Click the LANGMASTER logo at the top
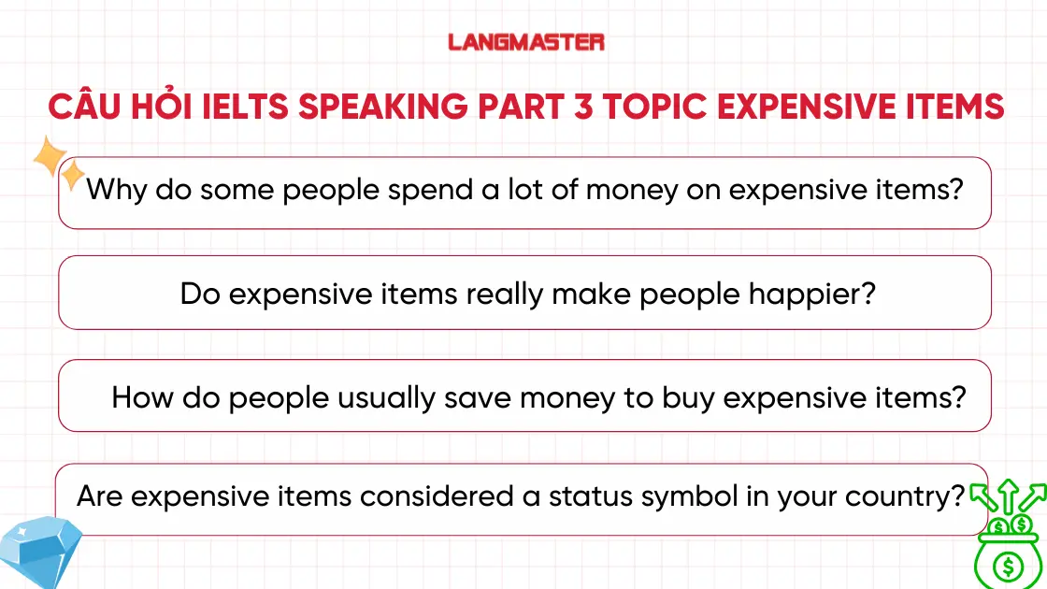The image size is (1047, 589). (526, 42)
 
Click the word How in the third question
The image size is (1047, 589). (140, 397)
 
